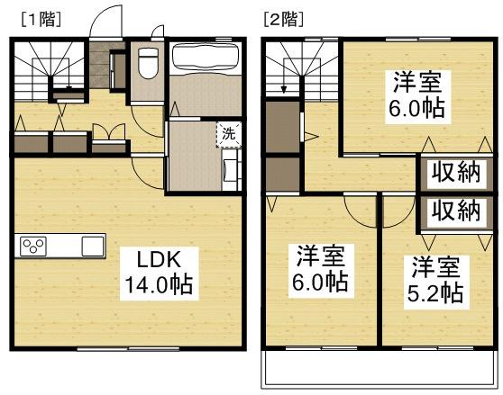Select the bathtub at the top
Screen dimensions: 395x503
point(205,60)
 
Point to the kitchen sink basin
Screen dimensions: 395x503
point(93,246)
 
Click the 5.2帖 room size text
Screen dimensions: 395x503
point(437,294)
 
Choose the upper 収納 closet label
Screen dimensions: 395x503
point(454,172)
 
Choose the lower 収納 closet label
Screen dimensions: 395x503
point(454,211)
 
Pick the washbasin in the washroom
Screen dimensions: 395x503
point(232,167)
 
